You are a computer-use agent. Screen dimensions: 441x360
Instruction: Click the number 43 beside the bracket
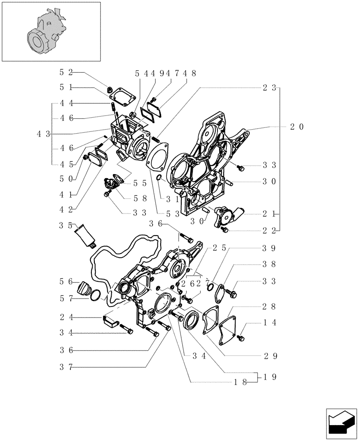pos(43,134)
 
